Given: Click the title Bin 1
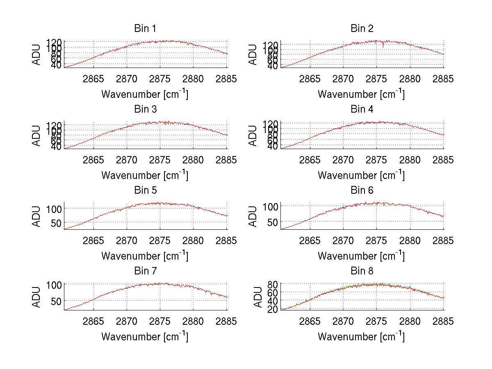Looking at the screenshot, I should (x=145, y=28).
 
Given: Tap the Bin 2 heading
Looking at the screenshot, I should (x=362, y=28).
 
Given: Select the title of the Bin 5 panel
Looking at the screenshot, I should (x=145, y=190).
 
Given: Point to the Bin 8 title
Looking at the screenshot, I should (x=362, y=271).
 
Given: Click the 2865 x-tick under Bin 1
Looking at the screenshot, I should (x=93, y=79).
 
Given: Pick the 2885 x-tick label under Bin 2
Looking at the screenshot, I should (x=443, y=79).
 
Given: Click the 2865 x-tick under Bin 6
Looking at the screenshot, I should (x=310, y=240).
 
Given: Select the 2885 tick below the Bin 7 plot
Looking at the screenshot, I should (x=226, y=321).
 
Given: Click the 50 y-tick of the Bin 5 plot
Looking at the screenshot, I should (x=56, y=222).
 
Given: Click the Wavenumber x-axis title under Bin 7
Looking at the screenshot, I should (x=145, y=337).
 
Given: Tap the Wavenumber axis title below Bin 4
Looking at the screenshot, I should (x=361, y=175).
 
